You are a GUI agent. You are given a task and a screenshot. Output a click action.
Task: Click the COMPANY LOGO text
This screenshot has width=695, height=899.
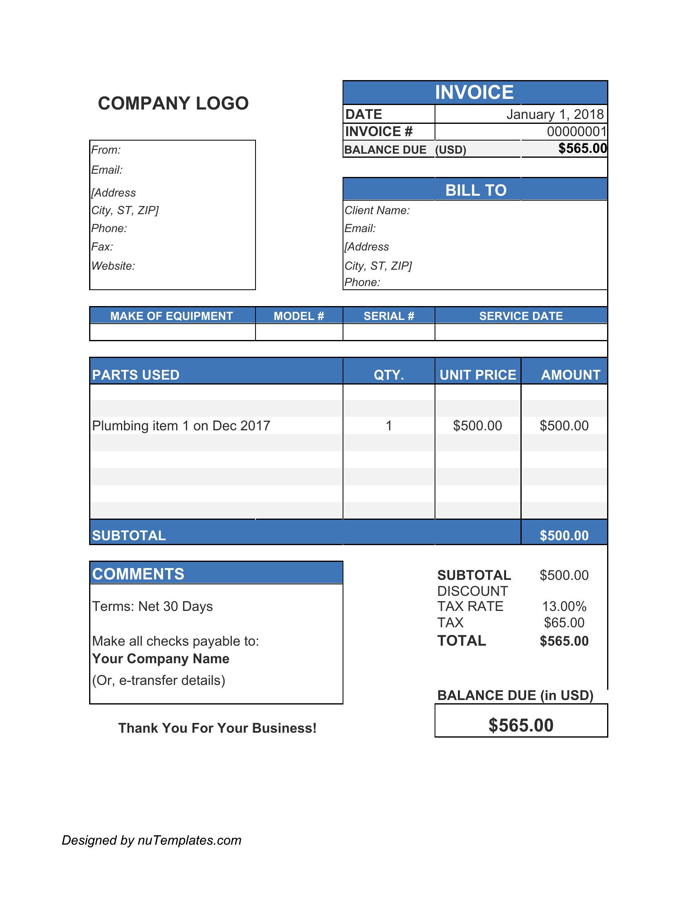tap(173, 103)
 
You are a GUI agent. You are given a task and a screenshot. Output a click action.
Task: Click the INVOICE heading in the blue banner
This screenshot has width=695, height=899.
tap(474, 92)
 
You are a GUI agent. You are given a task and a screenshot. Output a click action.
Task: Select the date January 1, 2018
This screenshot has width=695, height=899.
tap(555, 114)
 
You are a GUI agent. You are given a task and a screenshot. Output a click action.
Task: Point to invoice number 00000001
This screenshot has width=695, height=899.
tap(576, 132)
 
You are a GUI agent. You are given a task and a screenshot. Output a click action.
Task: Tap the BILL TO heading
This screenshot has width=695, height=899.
tap(475, 190)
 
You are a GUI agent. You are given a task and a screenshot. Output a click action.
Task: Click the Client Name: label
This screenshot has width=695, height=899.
tap(377, 210)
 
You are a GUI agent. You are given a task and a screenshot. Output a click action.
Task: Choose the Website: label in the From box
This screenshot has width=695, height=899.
tap(113, 266)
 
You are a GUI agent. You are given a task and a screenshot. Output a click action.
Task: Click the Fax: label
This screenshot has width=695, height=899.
tap(102, 246)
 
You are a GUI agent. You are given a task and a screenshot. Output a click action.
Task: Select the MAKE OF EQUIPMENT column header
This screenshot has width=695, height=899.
tap(171, 316)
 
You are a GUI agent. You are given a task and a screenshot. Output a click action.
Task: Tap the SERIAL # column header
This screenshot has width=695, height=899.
tap(389, 316)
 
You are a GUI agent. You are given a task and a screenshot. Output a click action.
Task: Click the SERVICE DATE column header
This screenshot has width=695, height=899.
tap(520, 316)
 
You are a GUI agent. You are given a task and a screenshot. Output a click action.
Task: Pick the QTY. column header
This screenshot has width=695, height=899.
tap(389, 375)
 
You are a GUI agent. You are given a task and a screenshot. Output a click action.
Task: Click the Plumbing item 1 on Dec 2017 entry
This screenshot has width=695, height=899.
tap(181, 426)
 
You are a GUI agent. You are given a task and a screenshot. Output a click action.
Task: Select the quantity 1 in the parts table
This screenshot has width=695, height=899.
tap(389, 426)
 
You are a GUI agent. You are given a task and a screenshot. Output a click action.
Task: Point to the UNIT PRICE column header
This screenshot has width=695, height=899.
tap(478, 375)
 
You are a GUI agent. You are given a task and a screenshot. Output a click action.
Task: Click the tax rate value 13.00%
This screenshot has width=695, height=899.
tap(564, 606)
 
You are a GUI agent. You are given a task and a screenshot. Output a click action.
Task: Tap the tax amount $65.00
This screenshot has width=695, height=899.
tap(564, 623)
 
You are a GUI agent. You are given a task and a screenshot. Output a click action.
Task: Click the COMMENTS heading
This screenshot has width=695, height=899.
tap(138, 574)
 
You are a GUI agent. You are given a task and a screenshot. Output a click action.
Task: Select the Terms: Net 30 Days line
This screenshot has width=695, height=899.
tap(152, 606)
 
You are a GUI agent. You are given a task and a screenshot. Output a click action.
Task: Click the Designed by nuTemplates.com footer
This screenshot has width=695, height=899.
tap(152, 840)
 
